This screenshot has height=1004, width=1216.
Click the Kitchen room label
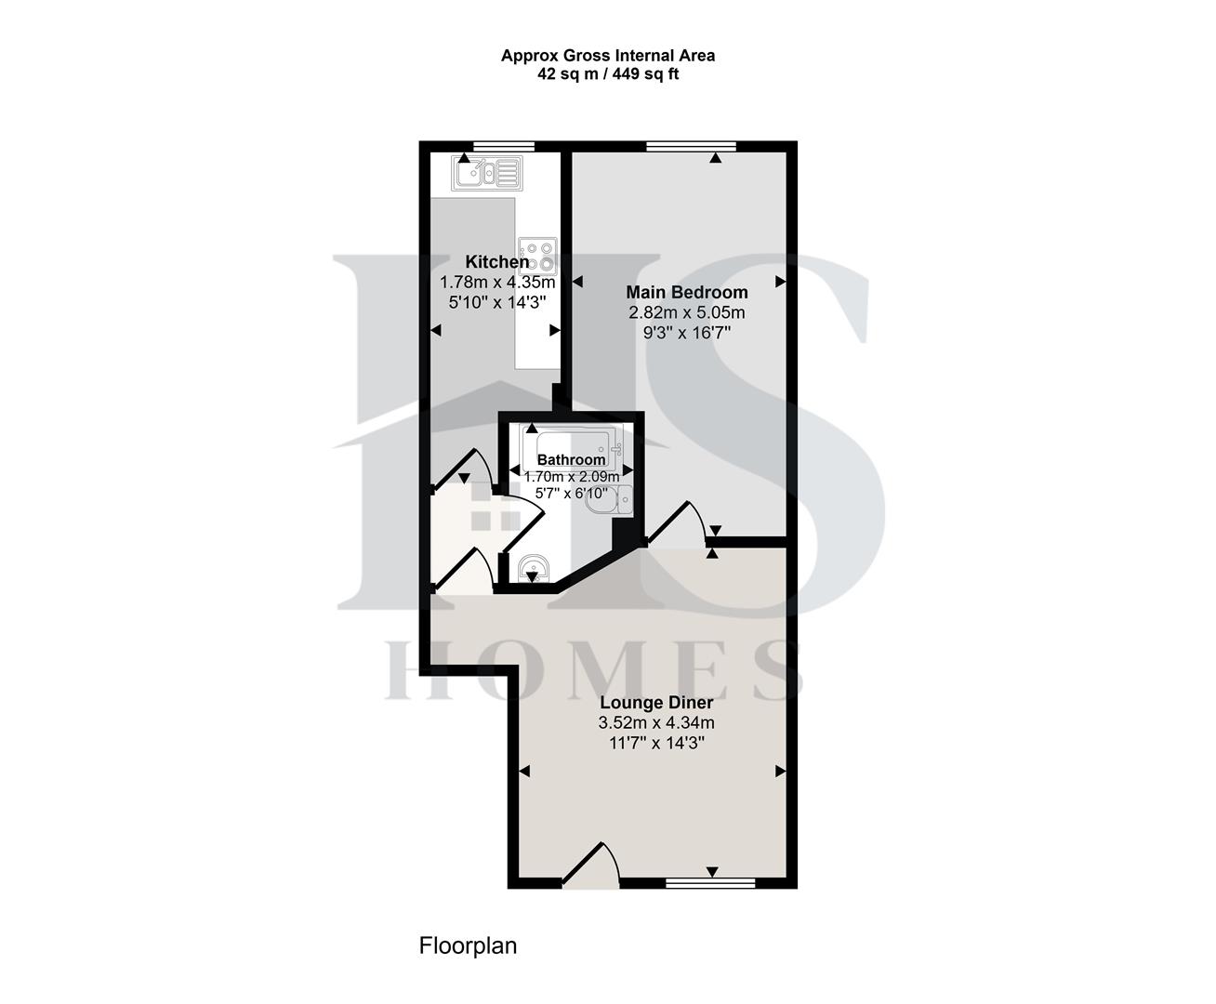coord(496,262)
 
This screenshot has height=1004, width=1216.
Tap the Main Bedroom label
coord(686,293)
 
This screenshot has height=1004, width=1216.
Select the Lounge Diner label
coord(656,703)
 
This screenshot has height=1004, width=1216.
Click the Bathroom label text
coord(571,459)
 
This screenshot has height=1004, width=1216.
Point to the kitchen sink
coord(485,172)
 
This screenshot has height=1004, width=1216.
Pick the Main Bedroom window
coord(691,146)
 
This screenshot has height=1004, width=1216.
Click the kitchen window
coord(503,146)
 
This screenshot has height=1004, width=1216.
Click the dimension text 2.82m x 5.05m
coord(687,313)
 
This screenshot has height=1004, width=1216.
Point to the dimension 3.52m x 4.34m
coord(656,723)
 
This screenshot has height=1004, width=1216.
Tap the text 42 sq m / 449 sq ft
coord(608,74)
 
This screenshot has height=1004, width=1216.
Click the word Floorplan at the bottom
coord(468,946)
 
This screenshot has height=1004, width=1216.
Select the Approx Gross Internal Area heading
coord(608,56)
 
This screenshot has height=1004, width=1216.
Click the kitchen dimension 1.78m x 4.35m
coord(497,283)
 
